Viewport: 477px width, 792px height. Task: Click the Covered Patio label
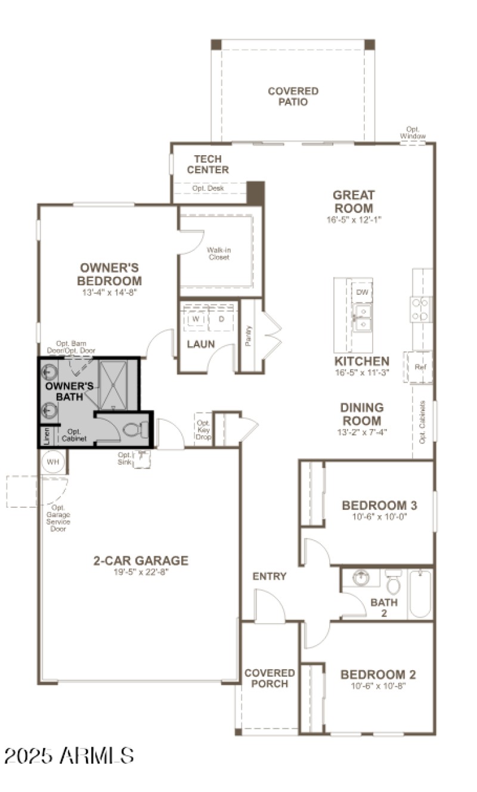pyautogui.click(x=293, y=96)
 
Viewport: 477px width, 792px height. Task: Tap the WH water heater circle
pyautogui.click(x=53, y=462)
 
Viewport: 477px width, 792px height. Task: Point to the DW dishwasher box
pyautogui.click(x=362, y=292)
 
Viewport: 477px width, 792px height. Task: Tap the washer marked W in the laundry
pyautogui.click(x=195, y=319)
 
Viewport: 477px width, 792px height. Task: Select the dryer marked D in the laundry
pyautogui.click(x=221, y=319)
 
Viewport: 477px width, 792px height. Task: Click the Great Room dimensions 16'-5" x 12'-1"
pyautogui.click(x=354, y=220)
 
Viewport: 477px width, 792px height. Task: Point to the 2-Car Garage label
pyautogui.click(x=141, y=560)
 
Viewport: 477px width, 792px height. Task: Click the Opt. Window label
pyautogui.click(x=413, y=133)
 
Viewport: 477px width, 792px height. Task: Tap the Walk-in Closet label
pyautogui.click(x=218, y=254)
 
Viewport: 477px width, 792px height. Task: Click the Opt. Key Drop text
pyautogui.click(x=203, y=430)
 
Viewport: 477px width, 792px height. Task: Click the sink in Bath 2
pyautogui.click(x=360, y=578)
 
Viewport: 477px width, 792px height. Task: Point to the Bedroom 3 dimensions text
pyautogui.click(x=379, y=517)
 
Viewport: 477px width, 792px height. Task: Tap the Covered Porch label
pyautogui.click(x=270, y=679)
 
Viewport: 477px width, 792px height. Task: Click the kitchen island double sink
pyautogui.click(x=362, y=318)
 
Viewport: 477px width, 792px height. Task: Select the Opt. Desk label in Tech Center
pyautogui.click(x=207, y=188)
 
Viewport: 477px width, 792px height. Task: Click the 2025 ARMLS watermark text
pyautogui.click(x=69, y=756)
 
